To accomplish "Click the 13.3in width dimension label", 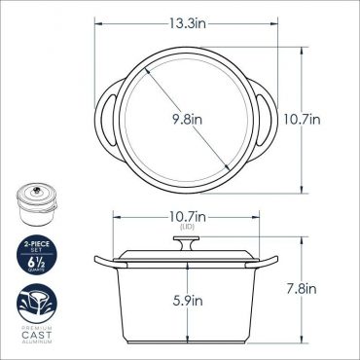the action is click(x=188, y=23).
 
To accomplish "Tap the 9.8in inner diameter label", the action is click(x=187, y=120).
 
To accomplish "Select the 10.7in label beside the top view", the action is click(x=303, y=120).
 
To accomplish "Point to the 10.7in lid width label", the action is click(x=188, y=217).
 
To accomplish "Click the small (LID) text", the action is click(x=188, y=227).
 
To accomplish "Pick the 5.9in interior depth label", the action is click(x=188, y=301).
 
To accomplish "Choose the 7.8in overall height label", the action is click(x=302, y=289).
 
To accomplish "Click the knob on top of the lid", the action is click(x=186, y=243).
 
